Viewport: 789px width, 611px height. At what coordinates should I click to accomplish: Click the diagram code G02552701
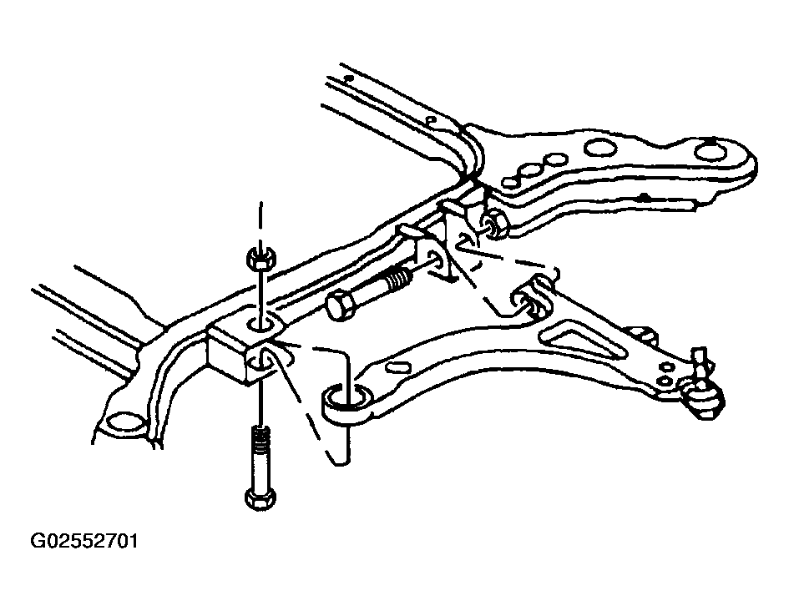83,542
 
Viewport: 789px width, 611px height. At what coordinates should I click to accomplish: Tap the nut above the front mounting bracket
260,258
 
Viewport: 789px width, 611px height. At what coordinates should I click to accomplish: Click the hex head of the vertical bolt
260,497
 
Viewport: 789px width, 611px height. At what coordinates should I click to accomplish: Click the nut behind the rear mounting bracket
496,225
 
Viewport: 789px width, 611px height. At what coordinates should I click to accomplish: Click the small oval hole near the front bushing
397,367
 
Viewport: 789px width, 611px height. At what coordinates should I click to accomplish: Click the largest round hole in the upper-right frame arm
600,148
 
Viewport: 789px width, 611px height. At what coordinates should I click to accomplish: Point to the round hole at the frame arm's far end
711,152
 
